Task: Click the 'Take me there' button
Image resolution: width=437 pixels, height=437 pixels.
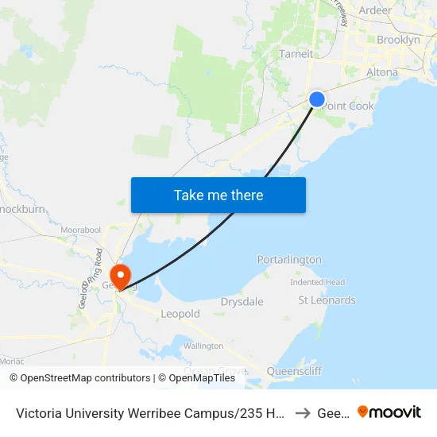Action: click(x=218, y=195)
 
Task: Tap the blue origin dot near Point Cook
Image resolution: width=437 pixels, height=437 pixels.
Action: click(x=316, y=99)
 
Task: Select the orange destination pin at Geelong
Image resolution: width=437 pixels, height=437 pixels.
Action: click(x=120, y=276)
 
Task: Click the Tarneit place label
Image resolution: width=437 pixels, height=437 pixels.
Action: click(x=296, y=54)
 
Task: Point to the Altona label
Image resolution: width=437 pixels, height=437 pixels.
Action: click(x=382, y=72)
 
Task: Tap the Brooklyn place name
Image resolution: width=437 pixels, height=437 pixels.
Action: click(x=398, y=40)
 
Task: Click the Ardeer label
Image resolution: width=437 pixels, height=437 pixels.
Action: click(x=375, y=10)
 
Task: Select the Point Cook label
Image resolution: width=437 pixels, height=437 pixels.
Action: click(x=349, y=106)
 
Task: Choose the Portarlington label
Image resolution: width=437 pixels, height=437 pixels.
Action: click(x=289, y=260)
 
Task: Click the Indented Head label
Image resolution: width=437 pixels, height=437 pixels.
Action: click(x=317, y=282)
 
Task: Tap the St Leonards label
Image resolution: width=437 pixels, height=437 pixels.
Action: click(x=327, y=300)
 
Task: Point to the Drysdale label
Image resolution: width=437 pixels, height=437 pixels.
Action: click(x=242, y=302)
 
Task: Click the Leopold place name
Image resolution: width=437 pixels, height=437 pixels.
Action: click(x=180, y=314)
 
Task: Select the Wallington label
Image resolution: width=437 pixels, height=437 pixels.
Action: click(x=203, y=346)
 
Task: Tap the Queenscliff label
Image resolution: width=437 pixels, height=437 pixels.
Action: click(x=295, y=370)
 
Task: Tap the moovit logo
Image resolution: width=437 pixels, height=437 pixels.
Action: click(x=389, y=412)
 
